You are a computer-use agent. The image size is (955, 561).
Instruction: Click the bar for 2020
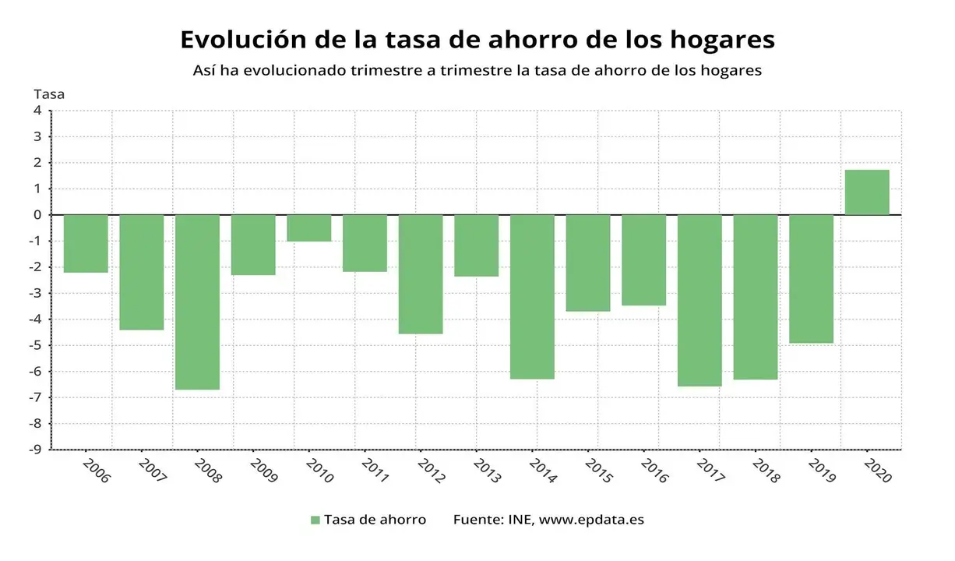point(867,192)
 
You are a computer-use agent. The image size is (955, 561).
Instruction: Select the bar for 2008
point(197,302)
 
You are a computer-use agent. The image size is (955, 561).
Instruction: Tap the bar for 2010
point(309,228)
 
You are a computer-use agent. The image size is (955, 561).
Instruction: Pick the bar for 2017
point(700,300)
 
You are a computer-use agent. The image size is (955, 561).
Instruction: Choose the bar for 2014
point(532,297)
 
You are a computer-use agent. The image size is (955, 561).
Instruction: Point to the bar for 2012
point(421,274)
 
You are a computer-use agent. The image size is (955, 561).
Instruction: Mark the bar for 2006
point(86,244)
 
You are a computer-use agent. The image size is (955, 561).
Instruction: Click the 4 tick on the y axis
point(37,111)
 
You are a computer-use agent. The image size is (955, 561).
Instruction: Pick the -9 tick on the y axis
point(36,450)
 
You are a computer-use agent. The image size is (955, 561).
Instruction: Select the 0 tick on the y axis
point(37,215)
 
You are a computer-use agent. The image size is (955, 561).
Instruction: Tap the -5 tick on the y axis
point(36,345)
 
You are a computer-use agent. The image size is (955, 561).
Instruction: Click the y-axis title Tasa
point(49,94)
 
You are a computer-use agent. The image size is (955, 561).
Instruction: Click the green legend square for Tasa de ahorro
point(315,520)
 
